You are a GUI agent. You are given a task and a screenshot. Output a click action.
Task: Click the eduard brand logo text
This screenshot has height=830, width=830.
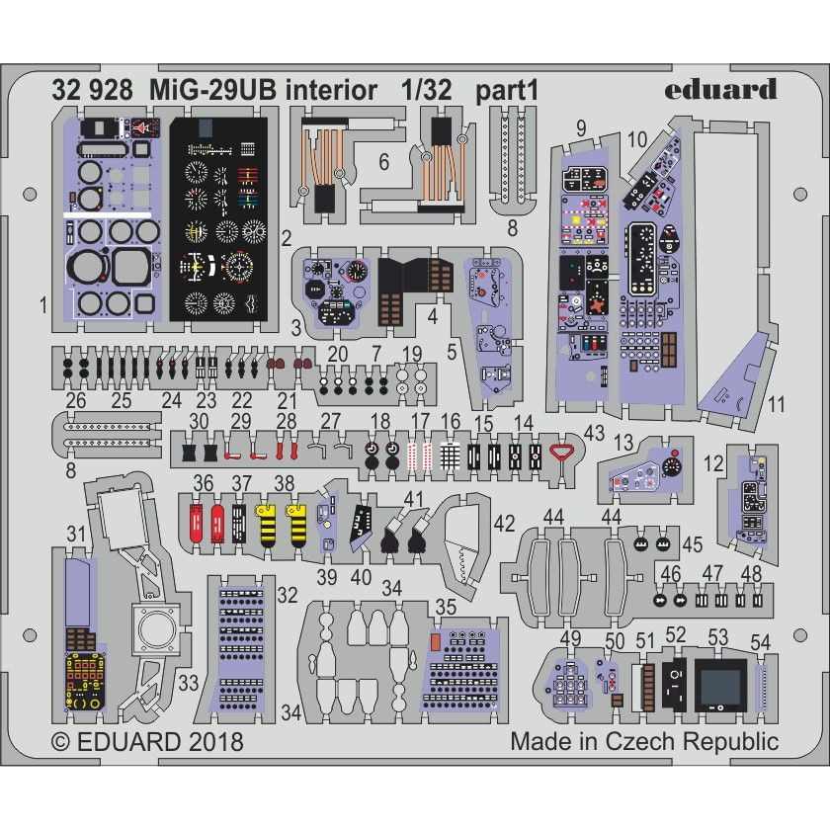[720, 90]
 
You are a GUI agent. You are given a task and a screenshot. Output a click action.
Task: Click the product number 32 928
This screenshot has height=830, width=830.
[92, 91]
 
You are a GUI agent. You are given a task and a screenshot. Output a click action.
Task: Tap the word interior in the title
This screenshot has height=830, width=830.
[331, 91]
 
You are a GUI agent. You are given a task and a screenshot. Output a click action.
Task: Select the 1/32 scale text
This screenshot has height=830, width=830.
[427, 91]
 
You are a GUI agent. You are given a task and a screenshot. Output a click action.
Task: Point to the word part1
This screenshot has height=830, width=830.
[507, 92]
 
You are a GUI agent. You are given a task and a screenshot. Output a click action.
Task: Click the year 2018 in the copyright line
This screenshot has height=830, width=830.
[215, 741]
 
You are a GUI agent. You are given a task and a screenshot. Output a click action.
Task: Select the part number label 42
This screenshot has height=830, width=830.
[504, 524]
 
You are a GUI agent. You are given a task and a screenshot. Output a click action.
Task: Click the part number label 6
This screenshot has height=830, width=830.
[384, 162]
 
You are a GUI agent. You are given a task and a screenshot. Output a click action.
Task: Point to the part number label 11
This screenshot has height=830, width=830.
[776, 404]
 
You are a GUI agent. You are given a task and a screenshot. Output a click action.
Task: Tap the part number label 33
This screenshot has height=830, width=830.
[188, 683]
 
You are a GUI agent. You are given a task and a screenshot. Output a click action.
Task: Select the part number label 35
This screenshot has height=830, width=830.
[446, 607]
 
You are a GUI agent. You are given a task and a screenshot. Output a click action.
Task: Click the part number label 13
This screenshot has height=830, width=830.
[623, 442]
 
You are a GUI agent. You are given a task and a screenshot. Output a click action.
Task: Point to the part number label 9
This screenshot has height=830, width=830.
[581, 128]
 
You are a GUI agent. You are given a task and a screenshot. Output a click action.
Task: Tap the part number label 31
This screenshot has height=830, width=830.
[76, 534]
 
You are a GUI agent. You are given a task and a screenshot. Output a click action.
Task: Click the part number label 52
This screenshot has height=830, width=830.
[676, 634]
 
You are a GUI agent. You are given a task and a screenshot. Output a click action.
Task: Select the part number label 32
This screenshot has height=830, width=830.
[287, 595]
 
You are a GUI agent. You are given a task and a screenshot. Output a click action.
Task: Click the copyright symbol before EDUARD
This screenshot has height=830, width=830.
[61, 742]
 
